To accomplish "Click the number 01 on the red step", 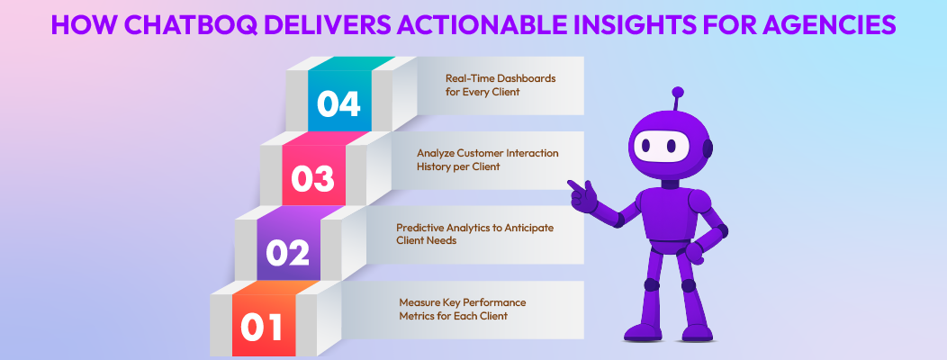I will (263, 328).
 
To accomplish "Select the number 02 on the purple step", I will (288, 254).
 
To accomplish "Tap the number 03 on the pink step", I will (313, 178).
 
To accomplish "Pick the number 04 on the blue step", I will (338, 104).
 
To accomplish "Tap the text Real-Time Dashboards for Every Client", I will (501, 85).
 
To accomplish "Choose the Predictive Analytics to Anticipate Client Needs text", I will (474, 234).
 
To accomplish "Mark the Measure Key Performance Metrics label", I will (463, 309).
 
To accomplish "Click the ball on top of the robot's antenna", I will (677, 92).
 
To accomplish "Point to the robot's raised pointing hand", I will (580, 192).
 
